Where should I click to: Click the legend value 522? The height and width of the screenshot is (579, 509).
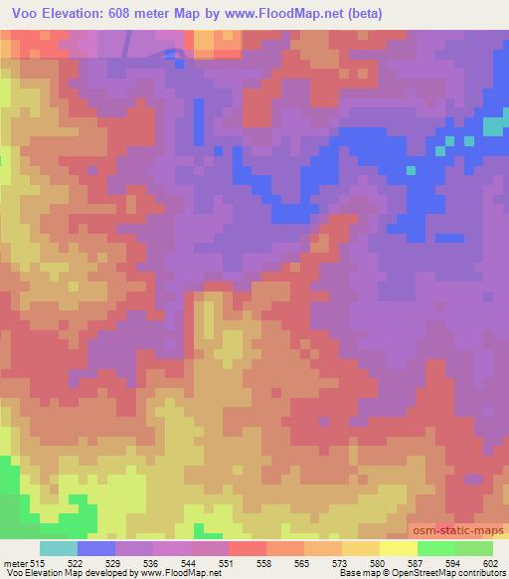[78, 564]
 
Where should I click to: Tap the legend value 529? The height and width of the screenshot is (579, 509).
[115, 564]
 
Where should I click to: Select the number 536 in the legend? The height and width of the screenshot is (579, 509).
[152, 564]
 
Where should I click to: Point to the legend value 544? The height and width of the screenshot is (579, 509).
[190, 564]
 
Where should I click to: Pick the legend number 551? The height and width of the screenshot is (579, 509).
[228, 564]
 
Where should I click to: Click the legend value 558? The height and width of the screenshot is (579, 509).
[265, 564]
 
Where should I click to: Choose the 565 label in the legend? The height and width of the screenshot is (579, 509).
[303, 564]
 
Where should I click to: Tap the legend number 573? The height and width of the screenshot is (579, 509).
[341, 564]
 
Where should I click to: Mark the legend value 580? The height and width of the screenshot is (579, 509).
[379, 564]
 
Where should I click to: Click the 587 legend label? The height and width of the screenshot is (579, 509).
[417, 564]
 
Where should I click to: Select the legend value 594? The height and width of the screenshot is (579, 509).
[454, 564]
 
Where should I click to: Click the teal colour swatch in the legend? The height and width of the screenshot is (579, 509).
[59, 548]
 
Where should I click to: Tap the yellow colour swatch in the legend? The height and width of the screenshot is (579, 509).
[398, 548]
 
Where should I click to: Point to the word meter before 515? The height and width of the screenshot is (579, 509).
[16, 564]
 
